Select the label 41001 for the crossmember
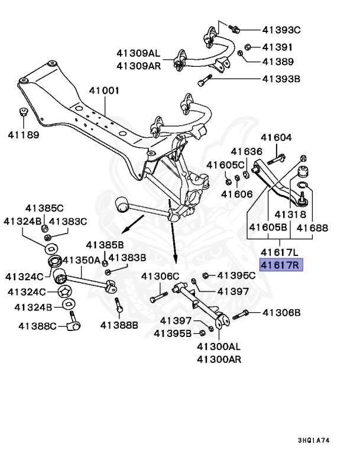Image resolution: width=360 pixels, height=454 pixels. click(104, 91)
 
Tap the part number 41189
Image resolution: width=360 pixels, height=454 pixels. click(24, 135)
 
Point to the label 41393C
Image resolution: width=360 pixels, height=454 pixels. click(281, 30)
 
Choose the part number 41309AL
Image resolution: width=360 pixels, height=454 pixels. click(138, 53)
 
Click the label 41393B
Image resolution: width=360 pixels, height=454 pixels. click(281, 78)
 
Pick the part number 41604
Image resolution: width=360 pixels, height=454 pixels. click(277, 138)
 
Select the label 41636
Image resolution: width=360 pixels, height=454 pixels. click(246, 151)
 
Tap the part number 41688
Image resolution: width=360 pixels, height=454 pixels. click(312, 227)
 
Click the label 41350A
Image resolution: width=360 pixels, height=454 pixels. click(82, 260)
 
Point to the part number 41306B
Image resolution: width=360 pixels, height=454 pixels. click(281, 312)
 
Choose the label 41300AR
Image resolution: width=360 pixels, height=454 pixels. click(219, 359)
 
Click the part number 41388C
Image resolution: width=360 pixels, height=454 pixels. click(37, 325)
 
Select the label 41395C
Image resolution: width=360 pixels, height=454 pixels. click(236, 275)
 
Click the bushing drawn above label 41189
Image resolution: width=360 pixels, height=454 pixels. click(24, 112)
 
